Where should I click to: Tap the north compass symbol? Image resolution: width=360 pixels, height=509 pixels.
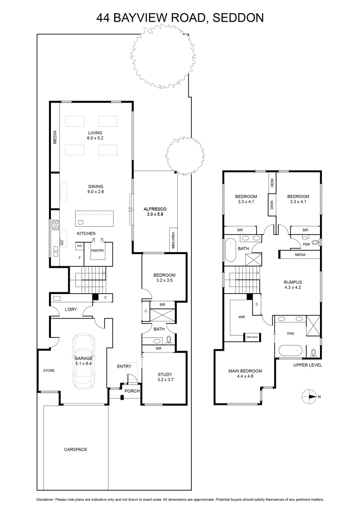(310, 396)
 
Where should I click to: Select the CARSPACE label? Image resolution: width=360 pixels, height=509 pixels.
(75, 450)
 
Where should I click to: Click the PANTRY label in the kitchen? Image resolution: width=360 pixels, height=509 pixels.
(98, 251)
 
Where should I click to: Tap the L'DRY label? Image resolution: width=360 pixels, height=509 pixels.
(71, 310)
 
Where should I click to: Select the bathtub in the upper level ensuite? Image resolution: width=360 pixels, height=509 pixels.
(291, 351)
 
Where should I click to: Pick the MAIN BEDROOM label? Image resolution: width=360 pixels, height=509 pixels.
(245, 371)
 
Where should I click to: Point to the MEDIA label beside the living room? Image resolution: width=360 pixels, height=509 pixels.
(55, 137)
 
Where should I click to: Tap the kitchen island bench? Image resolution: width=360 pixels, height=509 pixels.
(95, 218)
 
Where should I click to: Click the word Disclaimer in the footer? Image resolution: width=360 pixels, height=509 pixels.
(46, 500)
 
